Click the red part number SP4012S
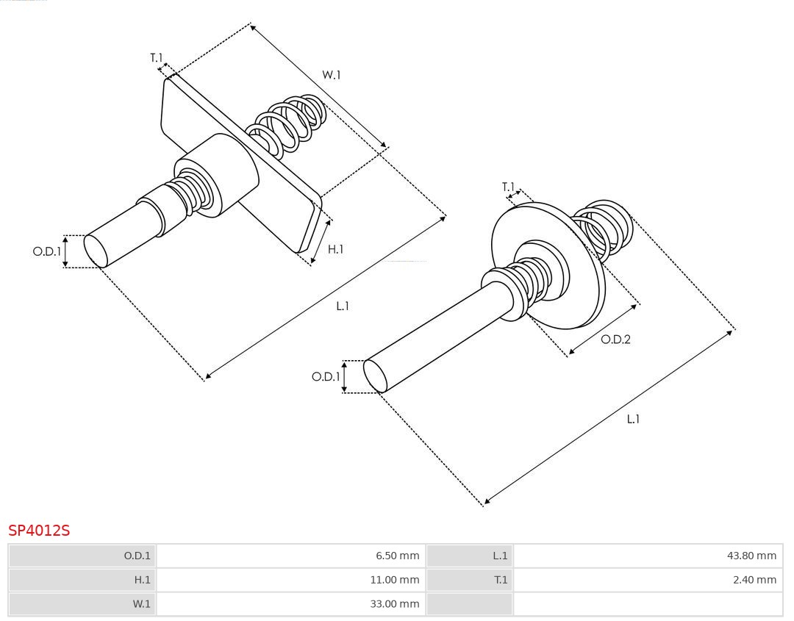click(x=39, y=530)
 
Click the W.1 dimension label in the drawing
click(x=332, y=74)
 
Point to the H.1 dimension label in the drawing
click(x=335, y=250)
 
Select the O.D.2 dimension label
click(x=616, y=340)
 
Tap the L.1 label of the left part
click(x=343, y=306)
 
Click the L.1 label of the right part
click(x=632, y=419)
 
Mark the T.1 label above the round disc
click(x=509, y=187)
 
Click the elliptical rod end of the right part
click(x=376, y=377)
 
